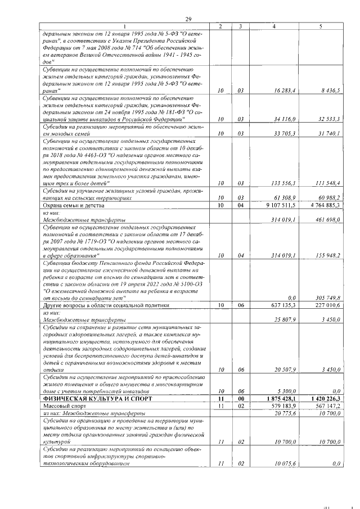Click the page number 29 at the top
point(188,20)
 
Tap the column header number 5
point(321,26)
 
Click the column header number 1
point(125,26)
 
